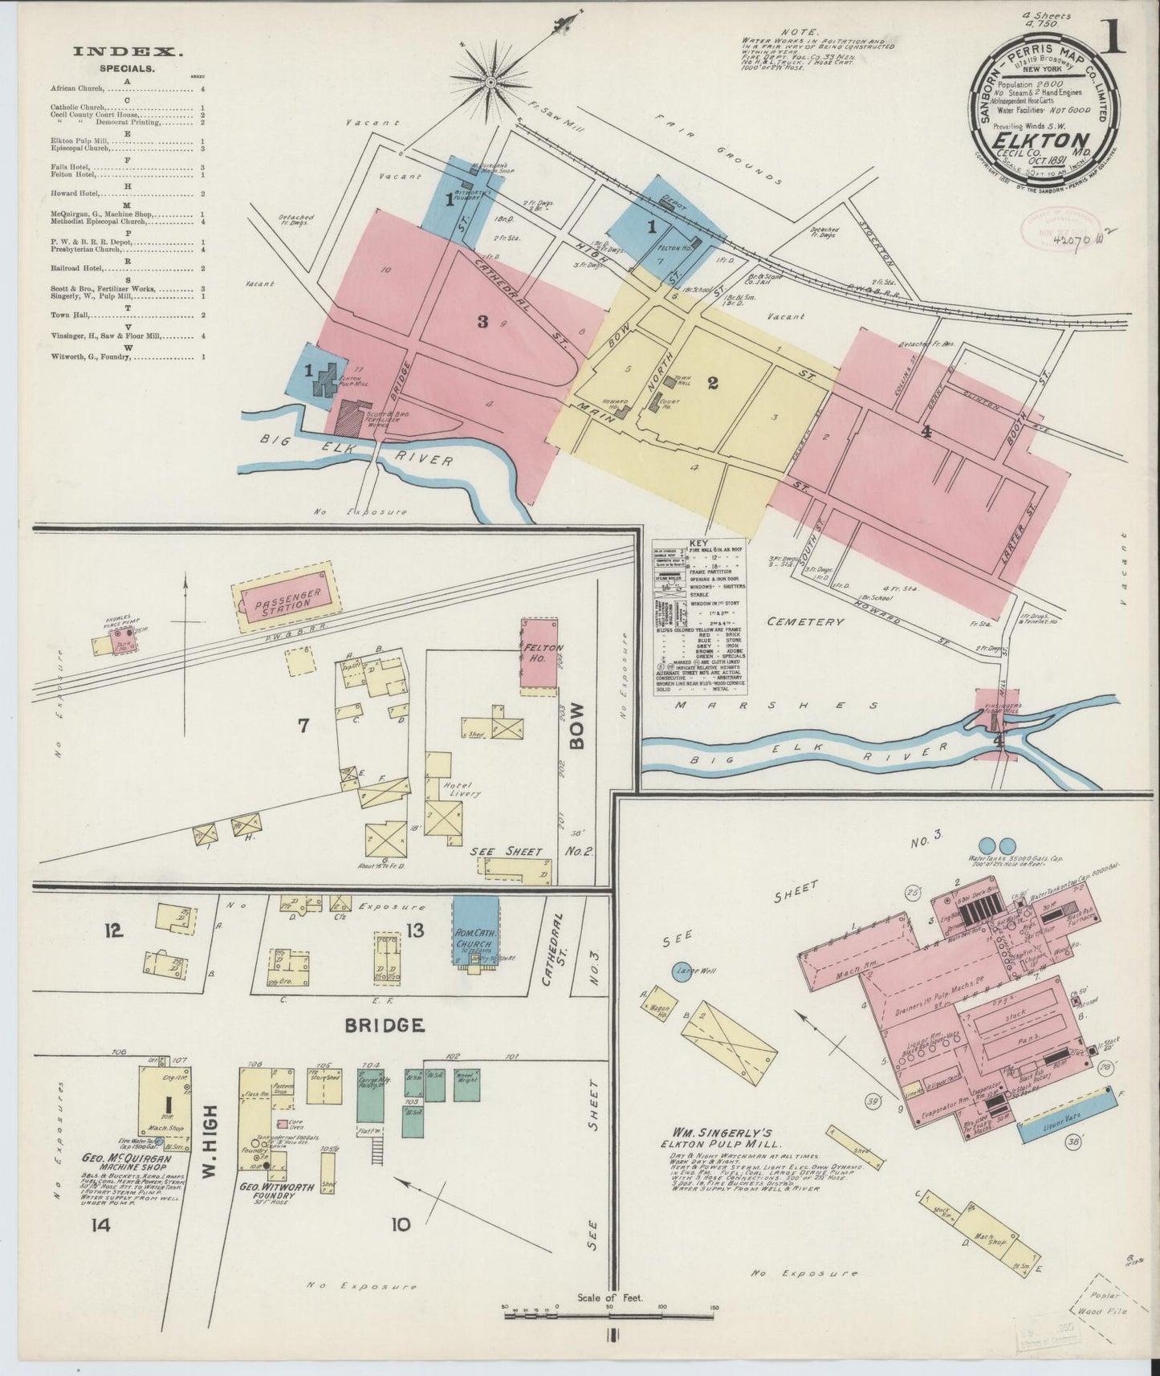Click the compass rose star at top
click(x=490, y=81)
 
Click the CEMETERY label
click(x=805, y=621)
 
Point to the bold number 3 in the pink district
click(x=482, y=322)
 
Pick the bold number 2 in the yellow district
click(x=712, y=383)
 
